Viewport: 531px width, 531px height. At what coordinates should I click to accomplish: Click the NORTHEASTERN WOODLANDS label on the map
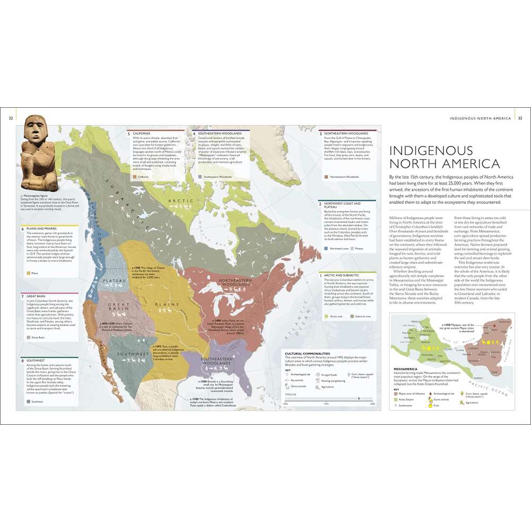[x=232, y=285]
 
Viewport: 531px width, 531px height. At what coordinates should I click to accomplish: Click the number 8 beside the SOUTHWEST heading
[x=22, y=361]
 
